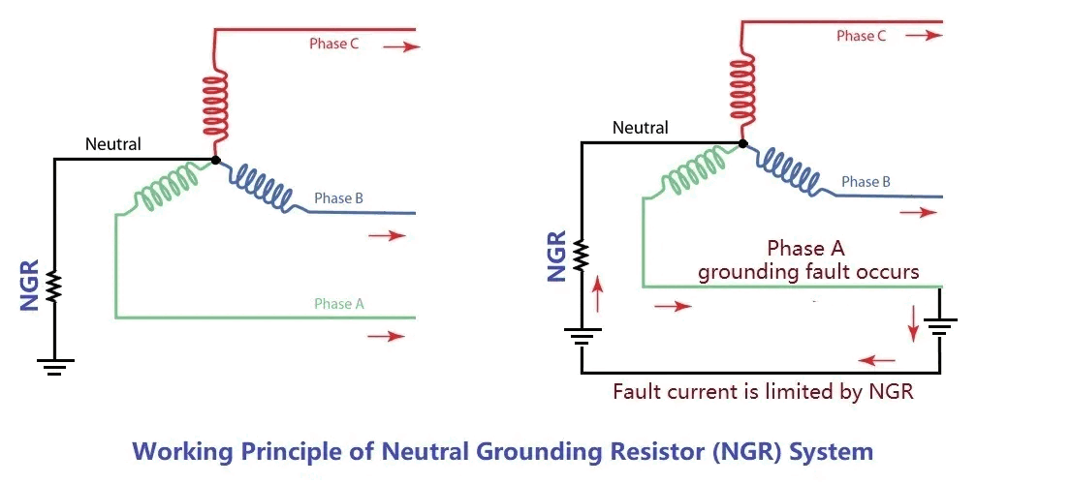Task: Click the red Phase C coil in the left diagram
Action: [x=214, y=105]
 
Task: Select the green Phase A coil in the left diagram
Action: [x=165, y=190]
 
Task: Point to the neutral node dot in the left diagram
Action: [x=215, y=160]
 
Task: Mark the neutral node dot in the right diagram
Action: [x=742, y=143]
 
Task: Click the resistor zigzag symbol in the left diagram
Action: [x=54, y=286]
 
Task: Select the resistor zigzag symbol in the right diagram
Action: [x=582, y=257]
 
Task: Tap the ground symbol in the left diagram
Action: [x=54, y=366]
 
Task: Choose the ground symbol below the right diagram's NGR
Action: [x=582, y=339]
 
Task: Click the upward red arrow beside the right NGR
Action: [x=598, y=293]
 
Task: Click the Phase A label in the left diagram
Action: [x=339, y=303]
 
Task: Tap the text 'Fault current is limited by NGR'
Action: [x=763, y=392]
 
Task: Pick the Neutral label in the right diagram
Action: [x=640, y=127]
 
